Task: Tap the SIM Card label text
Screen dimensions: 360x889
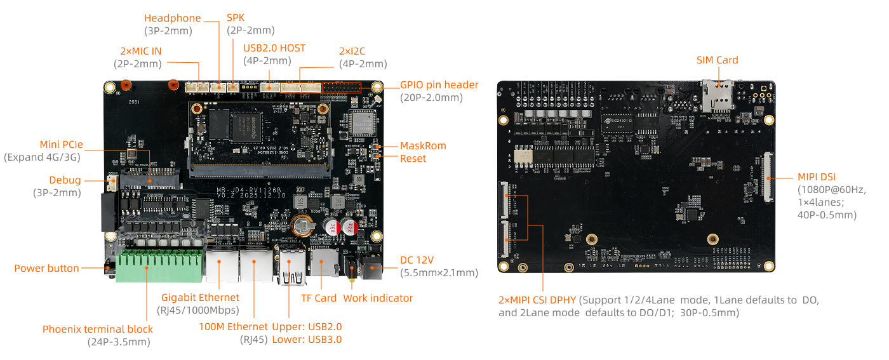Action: pyautogui.click(x=717, y=60)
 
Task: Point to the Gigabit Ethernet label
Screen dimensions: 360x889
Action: pyautogui.click(x=200, y=297)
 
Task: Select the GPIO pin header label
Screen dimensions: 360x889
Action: pyautogui.click(x=439, y=84)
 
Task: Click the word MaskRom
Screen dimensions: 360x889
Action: pyautogui.click(x=423, y=145)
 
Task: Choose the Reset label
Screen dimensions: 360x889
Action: pyautogui.click(x=413, y=158)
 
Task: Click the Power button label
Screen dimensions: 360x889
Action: pyautogui.click(x=46, y=268)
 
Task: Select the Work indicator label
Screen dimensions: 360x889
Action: pyautogui.click(x=378, y=298)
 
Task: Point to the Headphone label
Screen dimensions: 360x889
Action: pyautogui.click(x=172, y=18)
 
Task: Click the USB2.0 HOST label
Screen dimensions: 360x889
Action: pyautogui.click(x=274, y=48)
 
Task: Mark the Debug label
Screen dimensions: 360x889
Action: pyautogui.click(x=65, y=180)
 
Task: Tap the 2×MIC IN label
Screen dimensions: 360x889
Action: pyautogui.click(x=140, y=50)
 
